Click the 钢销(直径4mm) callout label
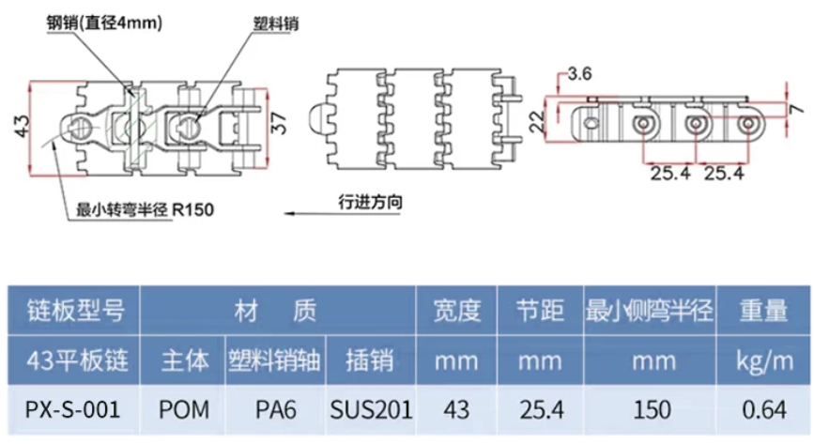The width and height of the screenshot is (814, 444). click(104, 23)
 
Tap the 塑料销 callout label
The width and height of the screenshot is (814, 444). click(276, 23)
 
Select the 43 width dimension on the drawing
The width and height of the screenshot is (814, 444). click(23, 126)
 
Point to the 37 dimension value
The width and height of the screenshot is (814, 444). click(279, 123)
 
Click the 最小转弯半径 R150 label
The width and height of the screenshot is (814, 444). click(145, 209)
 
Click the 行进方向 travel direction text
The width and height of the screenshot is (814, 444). click(370, 202)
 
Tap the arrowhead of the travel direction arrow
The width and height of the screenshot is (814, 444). click(288, 213)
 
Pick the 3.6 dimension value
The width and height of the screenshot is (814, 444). click(579, 74)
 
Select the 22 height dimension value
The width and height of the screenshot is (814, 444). click(538, 121)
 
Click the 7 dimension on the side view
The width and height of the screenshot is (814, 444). click(796, 109)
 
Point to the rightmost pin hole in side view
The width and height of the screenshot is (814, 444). click(747, 124)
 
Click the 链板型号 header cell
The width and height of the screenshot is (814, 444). click(74, 310)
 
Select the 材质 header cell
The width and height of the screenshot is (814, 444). click(278, 310)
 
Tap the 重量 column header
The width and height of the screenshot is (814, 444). click(763, 310)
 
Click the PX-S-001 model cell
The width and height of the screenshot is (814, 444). click(73, 409)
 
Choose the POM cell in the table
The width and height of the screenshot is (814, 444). click(184, 409)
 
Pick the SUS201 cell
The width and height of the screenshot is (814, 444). click(371, 409)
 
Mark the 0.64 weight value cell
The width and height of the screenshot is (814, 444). click(763, 409)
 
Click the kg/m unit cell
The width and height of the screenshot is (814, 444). click(763, 360)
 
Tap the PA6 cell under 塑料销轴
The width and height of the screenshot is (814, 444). click(276, 409)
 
